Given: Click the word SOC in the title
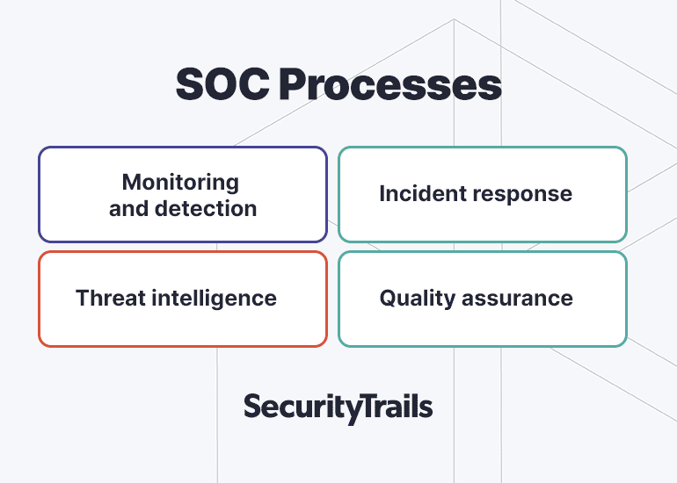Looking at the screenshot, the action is coord(222,84).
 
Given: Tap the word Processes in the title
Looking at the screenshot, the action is coord(390,84).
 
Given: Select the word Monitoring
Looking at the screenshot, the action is coord(180,183).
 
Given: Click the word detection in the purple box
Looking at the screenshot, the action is coord(206,208).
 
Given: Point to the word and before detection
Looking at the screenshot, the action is coord(129,208).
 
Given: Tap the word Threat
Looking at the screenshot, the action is coord(110,298).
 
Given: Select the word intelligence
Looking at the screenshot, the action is coord(215,299).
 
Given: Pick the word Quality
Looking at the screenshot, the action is coord(418,299).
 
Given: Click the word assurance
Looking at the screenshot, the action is coord(517,299).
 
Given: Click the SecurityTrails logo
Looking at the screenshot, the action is coord(338,407).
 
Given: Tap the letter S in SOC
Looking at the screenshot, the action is coord(191,84).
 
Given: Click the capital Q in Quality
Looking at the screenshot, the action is coord(389,299).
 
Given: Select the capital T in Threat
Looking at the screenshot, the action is coord(84,298).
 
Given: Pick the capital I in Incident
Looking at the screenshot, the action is coord(382,193).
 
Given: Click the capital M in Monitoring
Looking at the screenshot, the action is coord(132,182).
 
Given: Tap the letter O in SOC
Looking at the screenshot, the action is coord(223,84).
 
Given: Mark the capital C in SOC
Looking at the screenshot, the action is coord(256,84).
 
